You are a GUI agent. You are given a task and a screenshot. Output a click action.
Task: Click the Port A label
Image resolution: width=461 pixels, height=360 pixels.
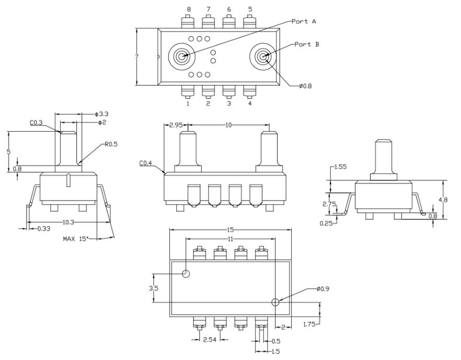304,21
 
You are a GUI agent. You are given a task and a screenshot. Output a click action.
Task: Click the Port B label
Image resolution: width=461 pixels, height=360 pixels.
307,44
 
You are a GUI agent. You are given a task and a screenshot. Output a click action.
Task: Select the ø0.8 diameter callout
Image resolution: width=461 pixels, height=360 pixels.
305,86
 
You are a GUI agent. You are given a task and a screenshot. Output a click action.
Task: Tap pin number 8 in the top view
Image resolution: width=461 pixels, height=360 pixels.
189,9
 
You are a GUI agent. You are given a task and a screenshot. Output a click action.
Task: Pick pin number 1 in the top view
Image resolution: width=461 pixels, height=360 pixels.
188,103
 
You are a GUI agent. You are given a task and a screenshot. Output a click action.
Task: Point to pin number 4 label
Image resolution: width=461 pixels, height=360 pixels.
250,103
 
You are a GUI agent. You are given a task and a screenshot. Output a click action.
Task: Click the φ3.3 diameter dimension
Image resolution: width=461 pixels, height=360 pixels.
101,114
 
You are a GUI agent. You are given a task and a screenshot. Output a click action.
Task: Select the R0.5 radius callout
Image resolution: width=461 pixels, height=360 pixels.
111,144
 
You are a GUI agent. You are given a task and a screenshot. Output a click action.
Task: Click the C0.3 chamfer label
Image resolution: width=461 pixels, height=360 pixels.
37,123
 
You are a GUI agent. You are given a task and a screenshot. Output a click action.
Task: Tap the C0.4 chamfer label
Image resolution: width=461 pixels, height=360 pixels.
146,163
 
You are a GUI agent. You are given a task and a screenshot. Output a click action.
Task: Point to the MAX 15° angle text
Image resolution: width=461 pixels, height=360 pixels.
76,239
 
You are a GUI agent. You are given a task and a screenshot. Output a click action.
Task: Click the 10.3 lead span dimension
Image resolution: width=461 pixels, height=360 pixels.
68,223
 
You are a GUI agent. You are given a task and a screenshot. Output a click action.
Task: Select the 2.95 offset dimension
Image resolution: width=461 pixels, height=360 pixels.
176,125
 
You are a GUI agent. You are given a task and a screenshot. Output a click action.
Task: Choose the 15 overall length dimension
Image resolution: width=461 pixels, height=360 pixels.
230,230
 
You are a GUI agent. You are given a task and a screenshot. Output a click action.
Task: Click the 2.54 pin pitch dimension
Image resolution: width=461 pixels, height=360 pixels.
210,340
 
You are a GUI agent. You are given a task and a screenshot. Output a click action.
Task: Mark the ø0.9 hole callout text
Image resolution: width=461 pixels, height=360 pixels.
323,289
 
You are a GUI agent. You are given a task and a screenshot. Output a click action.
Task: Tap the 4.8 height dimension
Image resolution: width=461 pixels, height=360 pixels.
443,200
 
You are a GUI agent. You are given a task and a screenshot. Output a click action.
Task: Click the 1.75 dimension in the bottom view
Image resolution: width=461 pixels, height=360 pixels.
309,324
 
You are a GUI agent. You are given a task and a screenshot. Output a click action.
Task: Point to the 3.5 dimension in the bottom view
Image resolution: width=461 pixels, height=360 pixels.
154,288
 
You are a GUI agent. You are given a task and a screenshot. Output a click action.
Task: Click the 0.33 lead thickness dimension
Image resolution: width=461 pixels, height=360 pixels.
44,229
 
